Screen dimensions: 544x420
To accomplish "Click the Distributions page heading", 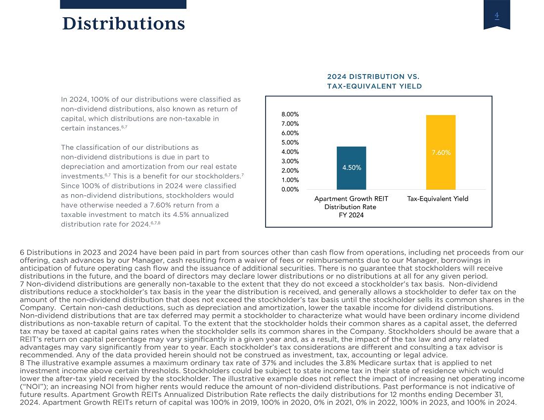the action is [124, 24].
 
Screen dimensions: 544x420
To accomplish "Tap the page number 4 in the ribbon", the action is [497, 15].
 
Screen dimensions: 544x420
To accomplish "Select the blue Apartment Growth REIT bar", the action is [351, 168].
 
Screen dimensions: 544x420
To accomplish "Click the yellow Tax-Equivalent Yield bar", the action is [441, 152].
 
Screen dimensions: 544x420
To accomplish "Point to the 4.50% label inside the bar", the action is [352, 168].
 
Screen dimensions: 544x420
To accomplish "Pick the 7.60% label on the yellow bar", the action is [441, 153].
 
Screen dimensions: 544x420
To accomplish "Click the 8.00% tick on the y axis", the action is [290, 114].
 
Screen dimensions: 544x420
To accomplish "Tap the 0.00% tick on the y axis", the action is [290, 190].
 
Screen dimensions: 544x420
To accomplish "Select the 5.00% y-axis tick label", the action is [290, 142].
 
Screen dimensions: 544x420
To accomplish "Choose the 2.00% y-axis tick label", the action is [290, 171].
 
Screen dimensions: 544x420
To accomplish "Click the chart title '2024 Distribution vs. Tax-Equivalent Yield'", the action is [374, 82].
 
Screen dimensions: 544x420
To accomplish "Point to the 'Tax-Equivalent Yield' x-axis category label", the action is [438, 199].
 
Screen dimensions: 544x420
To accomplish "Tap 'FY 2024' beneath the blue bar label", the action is [351, 215].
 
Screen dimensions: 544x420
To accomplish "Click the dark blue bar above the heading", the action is [123, 4].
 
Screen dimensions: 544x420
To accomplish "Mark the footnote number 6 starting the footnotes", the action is [22, 252].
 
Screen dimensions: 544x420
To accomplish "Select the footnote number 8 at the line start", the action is [22, 363].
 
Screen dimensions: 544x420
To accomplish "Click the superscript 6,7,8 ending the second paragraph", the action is [155, 222].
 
